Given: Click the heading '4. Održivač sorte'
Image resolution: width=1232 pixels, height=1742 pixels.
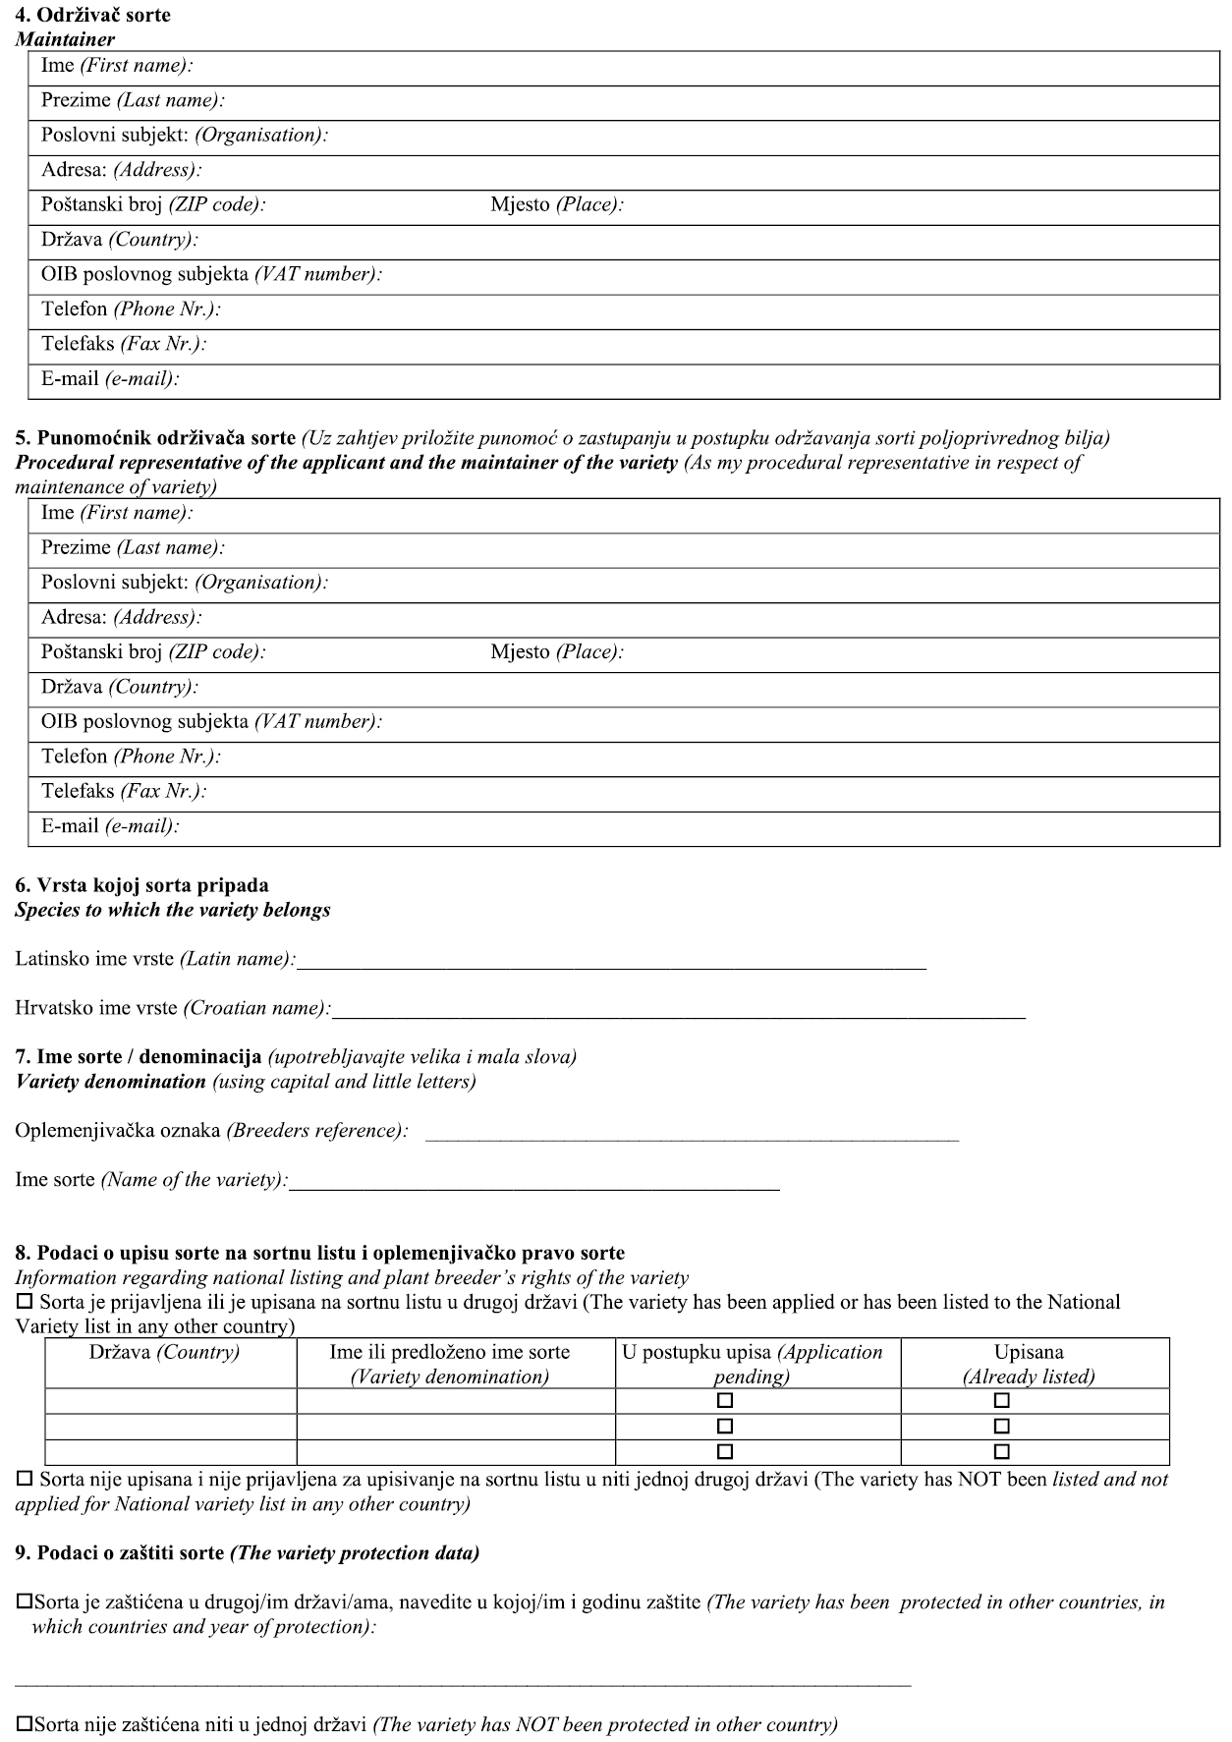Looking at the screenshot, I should [92, 15].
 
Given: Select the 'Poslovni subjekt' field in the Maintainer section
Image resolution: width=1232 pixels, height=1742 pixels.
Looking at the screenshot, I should [766, 136].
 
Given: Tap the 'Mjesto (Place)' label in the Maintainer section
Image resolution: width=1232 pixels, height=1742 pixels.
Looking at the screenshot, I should [557, 205].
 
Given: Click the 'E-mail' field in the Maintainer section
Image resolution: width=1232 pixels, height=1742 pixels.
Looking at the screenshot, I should [688, 379].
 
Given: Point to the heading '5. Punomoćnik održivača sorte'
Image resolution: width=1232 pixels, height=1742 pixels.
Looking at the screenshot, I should [155, 438].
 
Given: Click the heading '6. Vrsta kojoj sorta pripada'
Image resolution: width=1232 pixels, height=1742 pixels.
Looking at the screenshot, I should [141, 885].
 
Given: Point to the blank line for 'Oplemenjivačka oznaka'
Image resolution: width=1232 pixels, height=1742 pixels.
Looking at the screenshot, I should [692, 1131].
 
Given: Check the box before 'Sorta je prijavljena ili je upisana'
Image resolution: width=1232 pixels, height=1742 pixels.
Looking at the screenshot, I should [25, 1303].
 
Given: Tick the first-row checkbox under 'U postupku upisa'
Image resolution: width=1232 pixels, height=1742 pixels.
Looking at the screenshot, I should [725, 1400].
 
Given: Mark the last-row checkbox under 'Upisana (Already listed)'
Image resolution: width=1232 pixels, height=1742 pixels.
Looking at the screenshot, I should [1002, 1451].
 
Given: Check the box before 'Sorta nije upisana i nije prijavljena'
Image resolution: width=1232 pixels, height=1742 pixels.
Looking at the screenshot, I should [25, 1480].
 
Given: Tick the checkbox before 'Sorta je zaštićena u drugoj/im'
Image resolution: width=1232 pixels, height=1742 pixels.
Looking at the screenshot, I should [25, 1602].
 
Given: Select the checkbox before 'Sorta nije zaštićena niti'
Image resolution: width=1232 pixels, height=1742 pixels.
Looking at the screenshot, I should [25, 1724].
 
